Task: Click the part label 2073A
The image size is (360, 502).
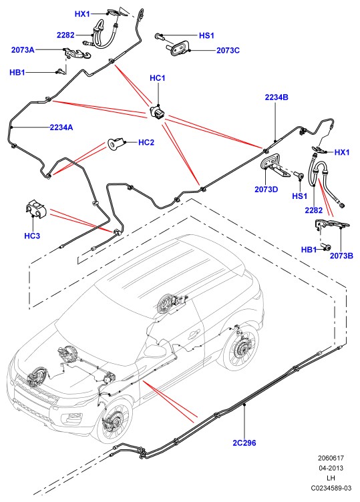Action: [23, 50]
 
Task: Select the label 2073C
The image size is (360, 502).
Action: [228, 50]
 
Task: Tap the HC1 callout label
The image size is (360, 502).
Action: [157, 78]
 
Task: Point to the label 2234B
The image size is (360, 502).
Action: [277, 97]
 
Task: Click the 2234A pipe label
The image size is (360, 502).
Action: [61, 128]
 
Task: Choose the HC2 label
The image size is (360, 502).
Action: [146, 142]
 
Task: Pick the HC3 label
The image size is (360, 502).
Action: [32, 236]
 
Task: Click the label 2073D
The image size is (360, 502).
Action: [266, 190]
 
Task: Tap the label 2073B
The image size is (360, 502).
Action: [341, 256]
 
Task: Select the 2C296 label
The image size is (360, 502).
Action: [244, 443]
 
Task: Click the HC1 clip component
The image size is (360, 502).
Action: [158, 112]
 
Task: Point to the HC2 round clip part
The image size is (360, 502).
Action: [115, 144]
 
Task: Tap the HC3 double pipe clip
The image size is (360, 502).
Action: [35, 209]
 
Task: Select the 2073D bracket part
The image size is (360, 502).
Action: [274, 165]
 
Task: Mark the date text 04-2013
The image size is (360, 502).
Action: [331, 468]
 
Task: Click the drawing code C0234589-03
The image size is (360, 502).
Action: [331, 488]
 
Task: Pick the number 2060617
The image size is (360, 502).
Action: [331, 458]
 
